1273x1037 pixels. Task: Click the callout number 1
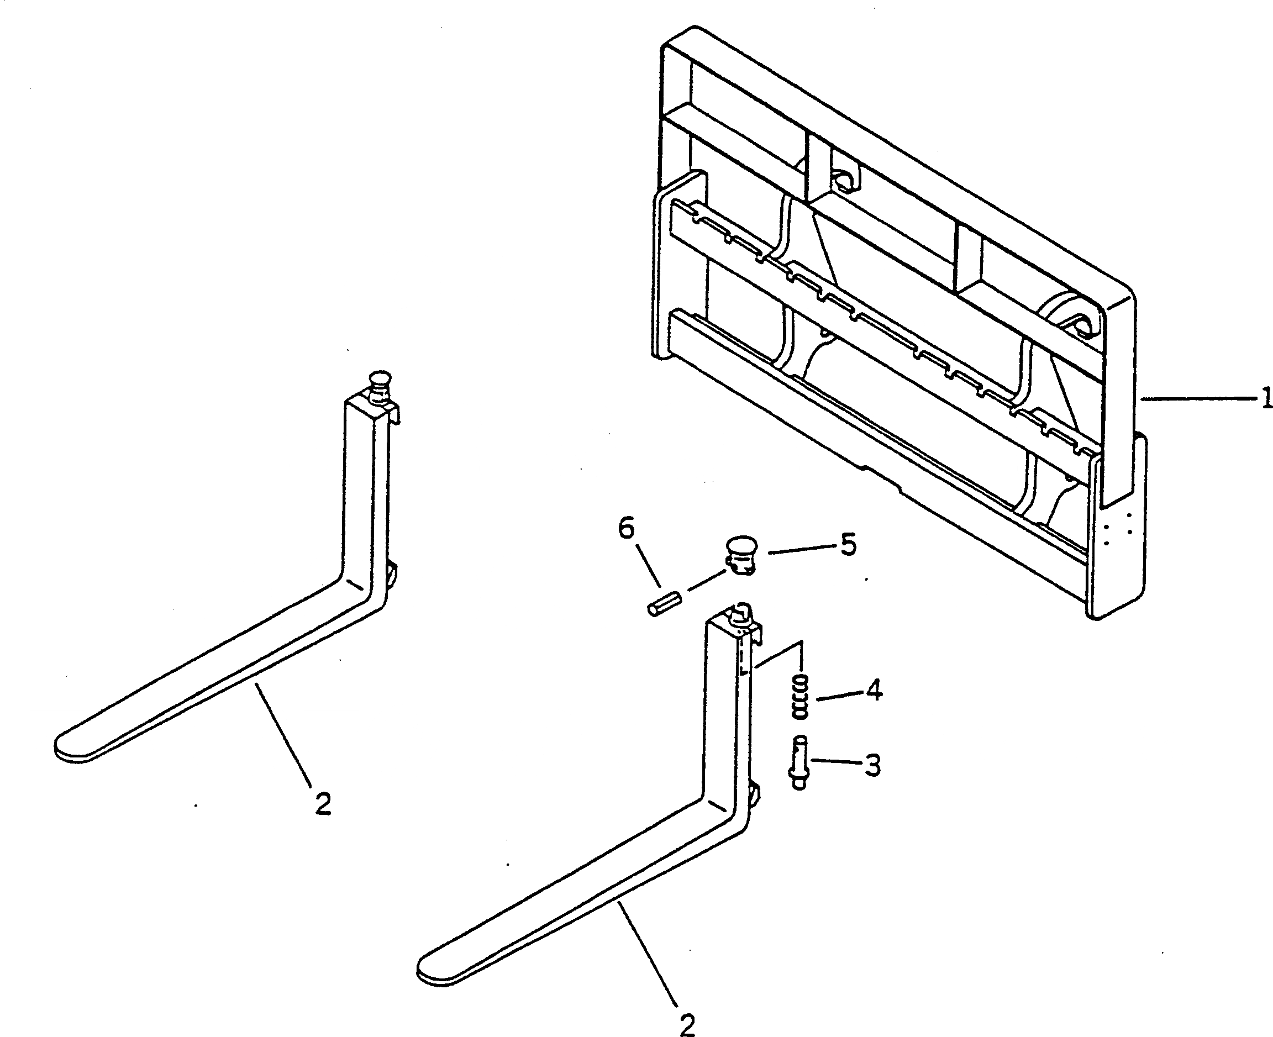pyautogui.click(x=1265, y=398)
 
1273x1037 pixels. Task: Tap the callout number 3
pyautogui.click(x=872, y=765)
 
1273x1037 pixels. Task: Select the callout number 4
pyautogui.click(x=874, y=691)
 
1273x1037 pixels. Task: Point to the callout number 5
pyautogui.click(x=848, y=545)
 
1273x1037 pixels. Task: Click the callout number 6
pyautogui.click(x=626, y=529)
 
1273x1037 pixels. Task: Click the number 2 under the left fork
pyautogui.click(x=323, y=804)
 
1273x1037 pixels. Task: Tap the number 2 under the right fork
pyautogui.click(x=687, y=1024)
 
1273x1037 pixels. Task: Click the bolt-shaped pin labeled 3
pyautogui.click(x=799, y=763)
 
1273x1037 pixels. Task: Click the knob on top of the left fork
pyautogui.click(x=380, y=383)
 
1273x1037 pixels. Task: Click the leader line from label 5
pyautogui.click(x=801, y=550)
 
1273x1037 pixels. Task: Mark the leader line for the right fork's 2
pyautogui.click(x=648, y=956)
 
